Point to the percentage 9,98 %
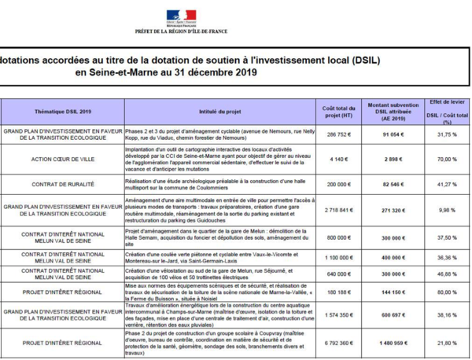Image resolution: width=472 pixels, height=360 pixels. [447, 211]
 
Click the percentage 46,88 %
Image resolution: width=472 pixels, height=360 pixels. [447, 274]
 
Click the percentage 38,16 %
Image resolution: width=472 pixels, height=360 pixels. [447, 314]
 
